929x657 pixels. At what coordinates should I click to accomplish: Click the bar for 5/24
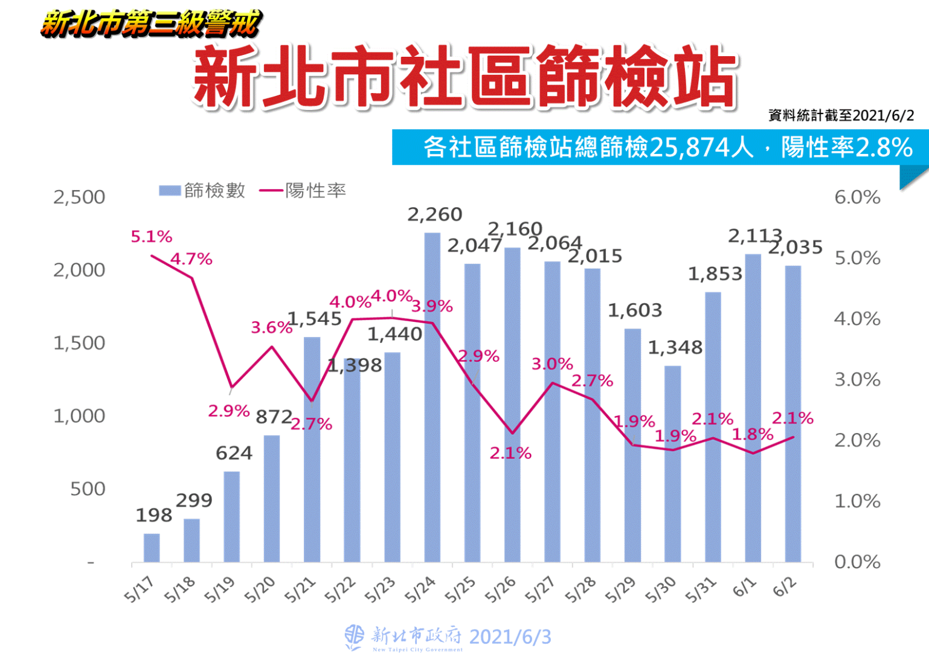click(432, 399)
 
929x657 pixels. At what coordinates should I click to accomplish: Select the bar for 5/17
click(152, 548)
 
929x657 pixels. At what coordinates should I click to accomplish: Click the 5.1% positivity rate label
click(152, 237)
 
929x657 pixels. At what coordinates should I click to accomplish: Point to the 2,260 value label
click(435, 214)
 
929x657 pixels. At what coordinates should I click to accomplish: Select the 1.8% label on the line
click(753, 435)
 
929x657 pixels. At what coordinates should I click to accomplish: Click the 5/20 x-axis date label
click(259, 590)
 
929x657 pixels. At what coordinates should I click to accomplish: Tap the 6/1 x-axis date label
click(744, 587)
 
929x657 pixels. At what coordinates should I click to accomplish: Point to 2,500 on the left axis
click(79, 197)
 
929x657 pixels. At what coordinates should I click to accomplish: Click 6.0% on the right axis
click(857, 197)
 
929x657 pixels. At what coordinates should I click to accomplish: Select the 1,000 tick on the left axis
click(79, 416)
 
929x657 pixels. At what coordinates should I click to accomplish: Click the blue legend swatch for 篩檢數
click(170, 191)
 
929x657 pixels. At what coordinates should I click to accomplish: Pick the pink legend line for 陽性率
click(271, 191)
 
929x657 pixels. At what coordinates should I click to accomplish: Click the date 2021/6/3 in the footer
click(510, 637)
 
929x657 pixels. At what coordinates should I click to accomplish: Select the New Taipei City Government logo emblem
click(355, 637)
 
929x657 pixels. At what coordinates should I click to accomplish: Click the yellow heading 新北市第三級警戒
click(151, 24)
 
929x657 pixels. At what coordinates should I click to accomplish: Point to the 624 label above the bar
click(234, 453)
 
